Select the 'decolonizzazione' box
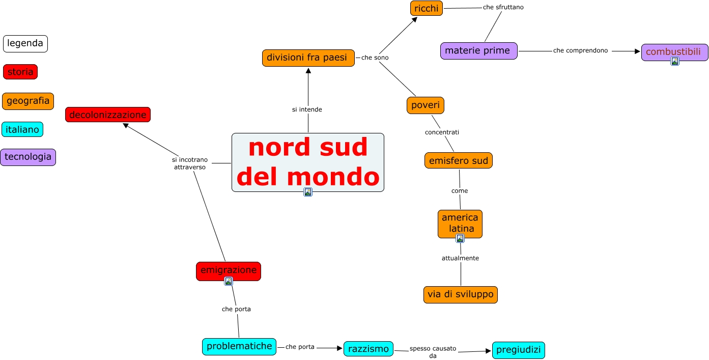coord(108,115)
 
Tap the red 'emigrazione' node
coord(228,270)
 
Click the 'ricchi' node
coord(427,8)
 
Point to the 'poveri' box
coord(426,105)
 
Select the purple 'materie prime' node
coord(478,51)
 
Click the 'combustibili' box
coord(674,51)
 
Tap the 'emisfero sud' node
coord(458,160)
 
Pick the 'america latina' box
coord(460,223)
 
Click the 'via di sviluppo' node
coord(460,294)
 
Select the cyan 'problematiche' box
coord(239,346)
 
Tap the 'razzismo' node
coord(368,349)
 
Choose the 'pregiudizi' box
coord(518,350)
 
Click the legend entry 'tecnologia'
coord(28,157)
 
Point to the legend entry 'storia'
coord(20,72)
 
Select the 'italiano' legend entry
coord(22,129)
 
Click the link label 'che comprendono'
coord(580,50)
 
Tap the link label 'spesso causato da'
coord(433,352)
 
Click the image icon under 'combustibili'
coord(674,61)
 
